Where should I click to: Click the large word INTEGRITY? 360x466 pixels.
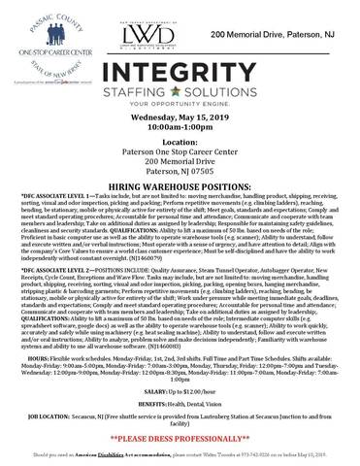(x=180, y=73)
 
